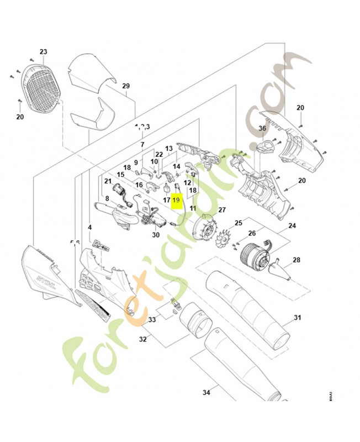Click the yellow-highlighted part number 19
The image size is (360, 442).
click(176, 201)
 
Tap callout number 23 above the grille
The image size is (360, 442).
click(44, 52)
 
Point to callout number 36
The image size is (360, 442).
click(262, 128)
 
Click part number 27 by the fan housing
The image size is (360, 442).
click(222, 210)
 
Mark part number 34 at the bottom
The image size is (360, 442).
click(207, 393)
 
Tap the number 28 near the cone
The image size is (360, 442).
click(296, 260)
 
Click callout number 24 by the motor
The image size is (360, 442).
click(292, 225)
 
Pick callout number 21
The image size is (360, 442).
click(108, 181)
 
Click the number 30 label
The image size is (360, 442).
click(156, 234)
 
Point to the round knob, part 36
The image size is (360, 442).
click(266, 147)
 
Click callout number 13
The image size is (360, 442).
click(169, 148)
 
